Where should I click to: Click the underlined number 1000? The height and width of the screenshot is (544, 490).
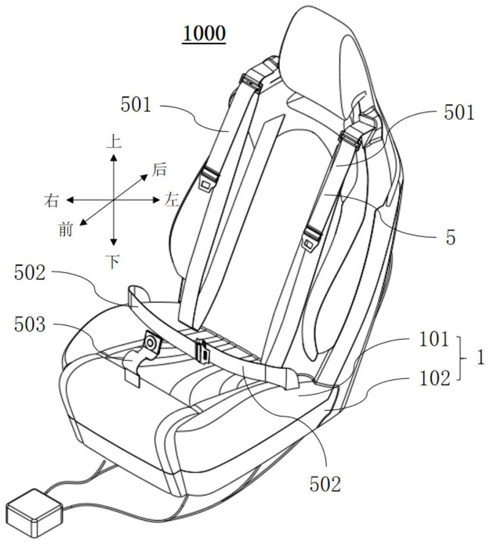point(204,34)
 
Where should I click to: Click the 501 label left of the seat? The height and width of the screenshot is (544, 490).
point(136,105)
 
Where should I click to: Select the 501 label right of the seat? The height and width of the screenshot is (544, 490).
point(459,113)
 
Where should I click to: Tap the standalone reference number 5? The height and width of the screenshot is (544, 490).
point(451,238)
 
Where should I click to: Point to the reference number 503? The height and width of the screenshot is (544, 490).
point(29,325)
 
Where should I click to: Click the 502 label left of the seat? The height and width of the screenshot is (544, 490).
point(29,273)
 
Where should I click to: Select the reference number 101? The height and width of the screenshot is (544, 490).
point(434,339)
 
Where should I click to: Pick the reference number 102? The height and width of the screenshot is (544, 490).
point(434,378)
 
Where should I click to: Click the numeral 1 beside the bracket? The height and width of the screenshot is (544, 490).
point(481,358)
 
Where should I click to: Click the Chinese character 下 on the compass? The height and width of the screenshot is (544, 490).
point(114,262)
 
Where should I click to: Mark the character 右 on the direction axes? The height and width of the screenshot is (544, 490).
point(51,201)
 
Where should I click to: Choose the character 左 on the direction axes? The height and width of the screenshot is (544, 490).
point(171,201)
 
